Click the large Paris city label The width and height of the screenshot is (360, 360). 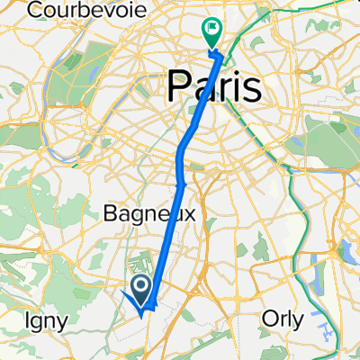pos(215,87)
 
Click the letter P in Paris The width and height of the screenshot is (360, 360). pos(178,87)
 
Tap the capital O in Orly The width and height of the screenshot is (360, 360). pos(268,318)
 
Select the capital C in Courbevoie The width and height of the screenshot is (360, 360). pos(34,10)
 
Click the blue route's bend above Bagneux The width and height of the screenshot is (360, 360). pos(184,184)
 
